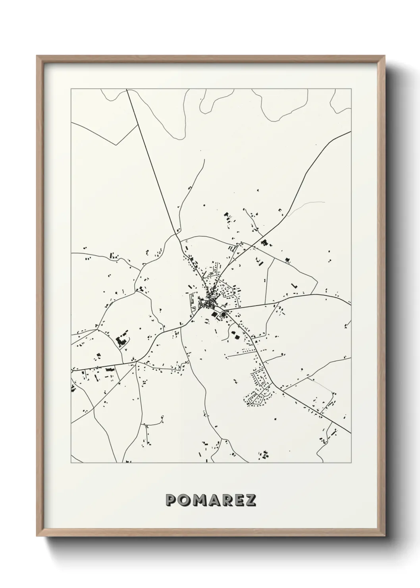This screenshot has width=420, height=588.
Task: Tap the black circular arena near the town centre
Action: [x=223, y=314]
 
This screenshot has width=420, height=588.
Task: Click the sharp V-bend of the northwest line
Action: [x=116, y=145]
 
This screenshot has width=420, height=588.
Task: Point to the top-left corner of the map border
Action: [x=71, y=89]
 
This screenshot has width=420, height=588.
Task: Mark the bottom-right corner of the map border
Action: [x=351, y=463]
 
